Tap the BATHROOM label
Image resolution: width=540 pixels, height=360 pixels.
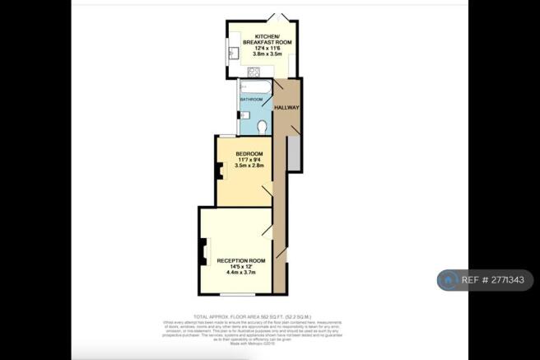click(x=251, y=100)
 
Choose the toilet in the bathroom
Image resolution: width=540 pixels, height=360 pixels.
click(x=261, y=126)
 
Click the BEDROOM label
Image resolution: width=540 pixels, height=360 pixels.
click(x=249, y=154)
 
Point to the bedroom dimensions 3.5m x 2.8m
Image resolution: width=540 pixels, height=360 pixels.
click(x=249, y=166)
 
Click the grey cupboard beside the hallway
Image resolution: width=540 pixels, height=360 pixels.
click(x=293, y=156)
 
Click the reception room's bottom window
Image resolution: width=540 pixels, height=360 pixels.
click(x=235, y=296)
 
